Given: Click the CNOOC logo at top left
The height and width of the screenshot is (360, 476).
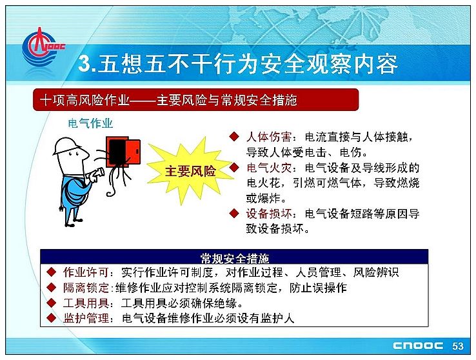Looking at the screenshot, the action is point(43,47).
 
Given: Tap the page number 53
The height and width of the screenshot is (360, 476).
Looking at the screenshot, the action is point(457,346).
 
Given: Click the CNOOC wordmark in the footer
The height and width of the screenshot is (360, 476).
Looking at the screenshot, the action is point(418,346).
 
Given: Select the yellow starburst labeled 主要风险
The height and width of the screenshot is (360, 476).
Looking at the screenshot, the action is point(190,171).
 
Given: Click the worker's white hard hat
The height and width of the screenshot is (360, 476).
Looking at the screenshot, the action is point(67,146).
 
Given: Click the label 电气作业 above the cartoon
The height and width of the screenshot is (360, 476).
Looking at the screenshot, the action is point(90,123).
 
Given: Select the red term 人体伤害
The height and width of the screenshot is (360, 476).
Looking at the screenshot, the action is point(269,137).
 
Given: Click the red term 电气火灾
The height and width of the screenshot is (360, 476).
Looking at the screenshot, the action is point(269,168).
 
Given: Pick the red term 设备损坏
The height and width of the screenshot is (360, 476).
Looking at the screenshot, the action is point(269,214).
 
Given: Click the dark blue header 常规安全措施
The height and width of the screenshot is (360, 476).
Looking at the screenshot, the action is point(234,258).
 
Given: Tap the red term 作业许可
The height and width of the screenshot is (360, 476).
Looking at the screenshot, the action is point(86,272).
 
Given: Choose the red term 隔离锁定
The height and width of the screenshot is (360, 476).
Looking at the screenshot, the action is point(86,288).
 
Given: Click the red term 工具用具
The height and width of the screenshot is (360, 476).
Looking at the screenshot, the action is point(86,303).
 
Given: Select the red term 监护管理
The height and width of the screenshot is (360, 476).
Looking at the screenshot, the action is point(86,318).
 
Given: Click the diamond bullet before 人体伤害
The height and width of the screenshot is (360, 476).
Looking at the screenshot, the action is point(234,136).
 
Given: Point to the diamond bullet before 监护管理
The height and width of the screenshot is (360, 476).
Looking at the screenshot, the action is point(52,318).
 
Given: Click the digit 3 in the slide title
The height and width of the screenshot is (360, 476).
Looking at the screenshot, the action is point(84,64).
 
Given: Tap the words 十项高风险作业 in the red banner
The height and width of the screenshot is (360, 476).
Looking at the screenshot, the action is point(84,100).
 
